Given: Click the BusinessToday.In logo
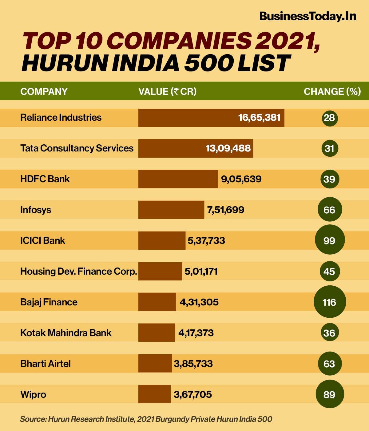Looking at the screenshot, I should tap(307, 16).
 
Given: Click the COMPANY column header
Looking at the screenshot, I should tap(44, 91).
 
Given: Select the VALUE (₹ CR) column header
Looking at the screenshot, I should tap(167, 91).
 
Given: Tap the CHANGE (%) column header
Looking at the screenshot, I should tap(332, 91).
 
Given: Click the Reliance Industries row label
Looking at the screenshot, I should tap(61, 118).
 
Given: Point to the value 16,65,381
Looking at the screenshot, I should tap(259, 118).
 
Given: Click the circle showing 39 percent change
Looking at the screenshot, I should tap(329, 179).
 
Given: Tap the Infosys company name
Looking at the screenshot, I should tap(36, 210).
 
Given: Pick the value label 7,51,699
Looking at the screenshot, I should tap(226, 210).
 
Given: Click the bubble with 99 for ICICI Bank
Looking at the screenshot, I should tap(329, 240).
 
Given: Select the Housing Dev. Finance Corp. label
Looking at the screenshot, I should tap(78, 272).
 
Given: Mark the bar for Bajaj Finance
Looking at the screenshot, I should tap(157, 302).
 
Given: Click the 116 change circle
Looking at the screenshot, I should tap(329, 302).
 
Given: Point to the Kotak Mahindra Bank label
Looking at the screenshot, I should tap(66, 333).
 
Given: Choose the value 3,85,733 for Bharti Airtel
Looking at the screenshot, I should tap(193, 364).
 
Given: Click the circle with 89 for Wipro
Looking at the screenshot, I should tap(329, 394).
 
